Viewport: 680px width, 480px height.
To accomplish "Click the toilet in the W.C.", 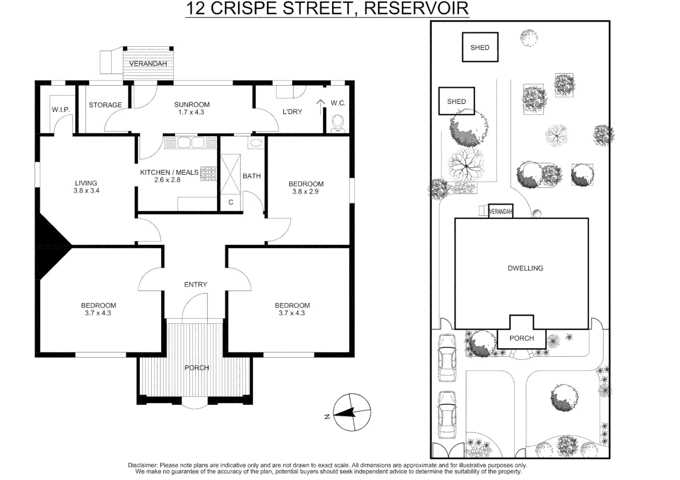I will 338,123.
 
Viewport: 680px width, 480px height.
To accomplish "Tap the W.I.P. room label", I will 61,110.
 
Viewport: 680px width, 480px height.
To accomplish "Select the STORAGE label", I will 105,105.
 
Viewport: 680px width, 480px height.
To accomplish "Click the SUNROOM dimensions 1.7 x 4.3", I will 191,112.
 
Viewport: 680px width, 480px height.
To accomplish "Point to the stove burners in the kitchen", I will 208,174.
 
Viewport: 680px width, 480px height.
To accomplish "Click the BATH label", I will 251,176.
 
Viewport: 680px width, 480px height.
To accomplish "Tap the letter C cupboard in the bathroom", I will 231,202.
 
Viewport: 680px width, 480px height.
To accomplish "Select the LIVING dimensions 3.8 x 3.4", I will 86,191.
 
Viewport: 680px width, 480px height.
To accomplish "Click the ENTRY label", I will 195,284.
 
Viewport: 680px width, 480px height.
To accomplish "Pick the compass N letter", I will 327,416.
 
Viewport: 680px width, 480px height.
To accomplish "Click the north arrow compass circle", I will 352,412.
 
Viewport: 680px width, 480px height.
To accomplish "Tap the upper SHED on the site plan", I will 480,47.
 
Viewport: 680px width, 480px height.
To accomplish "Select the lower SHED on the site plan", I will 456,101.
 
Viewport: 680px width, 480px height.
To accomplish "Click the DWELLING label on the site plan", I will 525,268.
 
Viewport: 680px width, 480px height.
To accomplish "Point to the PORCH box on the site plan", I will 521,338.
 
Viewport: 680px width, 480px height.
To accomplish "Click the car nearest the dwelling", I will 447,357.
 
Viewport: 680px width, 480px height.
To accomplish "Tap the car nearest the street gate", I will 447,414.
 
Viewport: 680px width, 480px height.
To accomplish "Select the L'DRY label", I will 292,112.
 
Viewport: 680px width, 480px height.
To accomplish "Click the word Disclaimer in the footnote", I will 142,465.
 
